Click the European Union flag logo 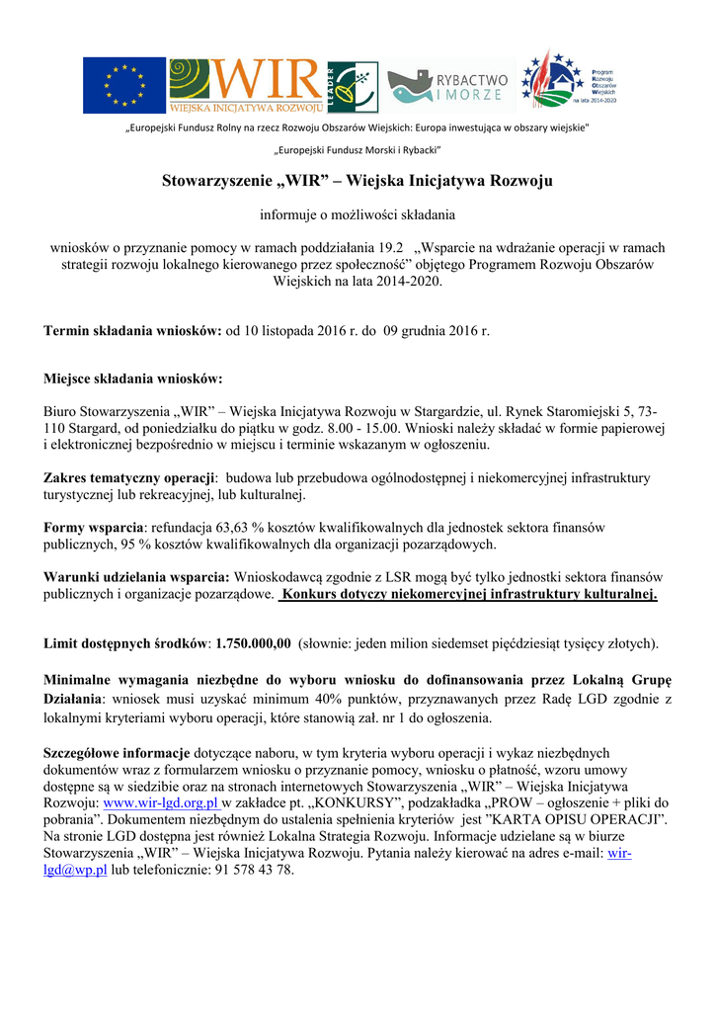pos(124,84)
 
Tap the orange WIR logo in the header pos(247,84)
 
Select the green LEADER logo pos(352,86)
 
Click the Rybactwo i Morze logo pos(448,86)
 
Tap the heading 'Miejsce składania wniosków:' pos(133,379)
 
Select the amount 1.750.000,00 pos(253,643)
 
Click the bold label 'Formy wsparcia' pos(94,528)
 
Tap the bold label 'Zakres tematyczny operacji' pos(129,478)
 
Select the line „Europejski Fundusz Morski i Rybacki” pos(357,149)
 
